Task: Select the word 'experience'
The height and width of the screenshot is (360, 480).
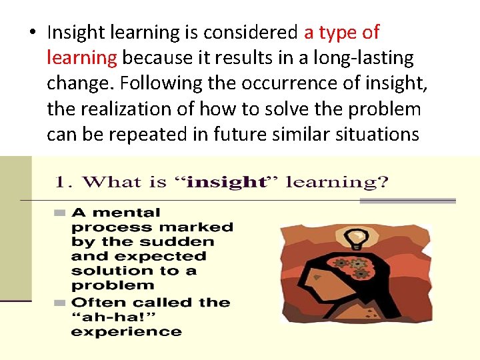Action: pyautogui.click(x=126, y=331)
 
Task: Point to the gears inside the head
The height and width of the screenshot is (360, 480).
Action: pyautogui.click(x=351, y=267)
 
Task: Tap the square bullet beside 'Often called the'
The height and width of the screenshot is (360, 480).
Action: pyautogui.click(x=59, y=303)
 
